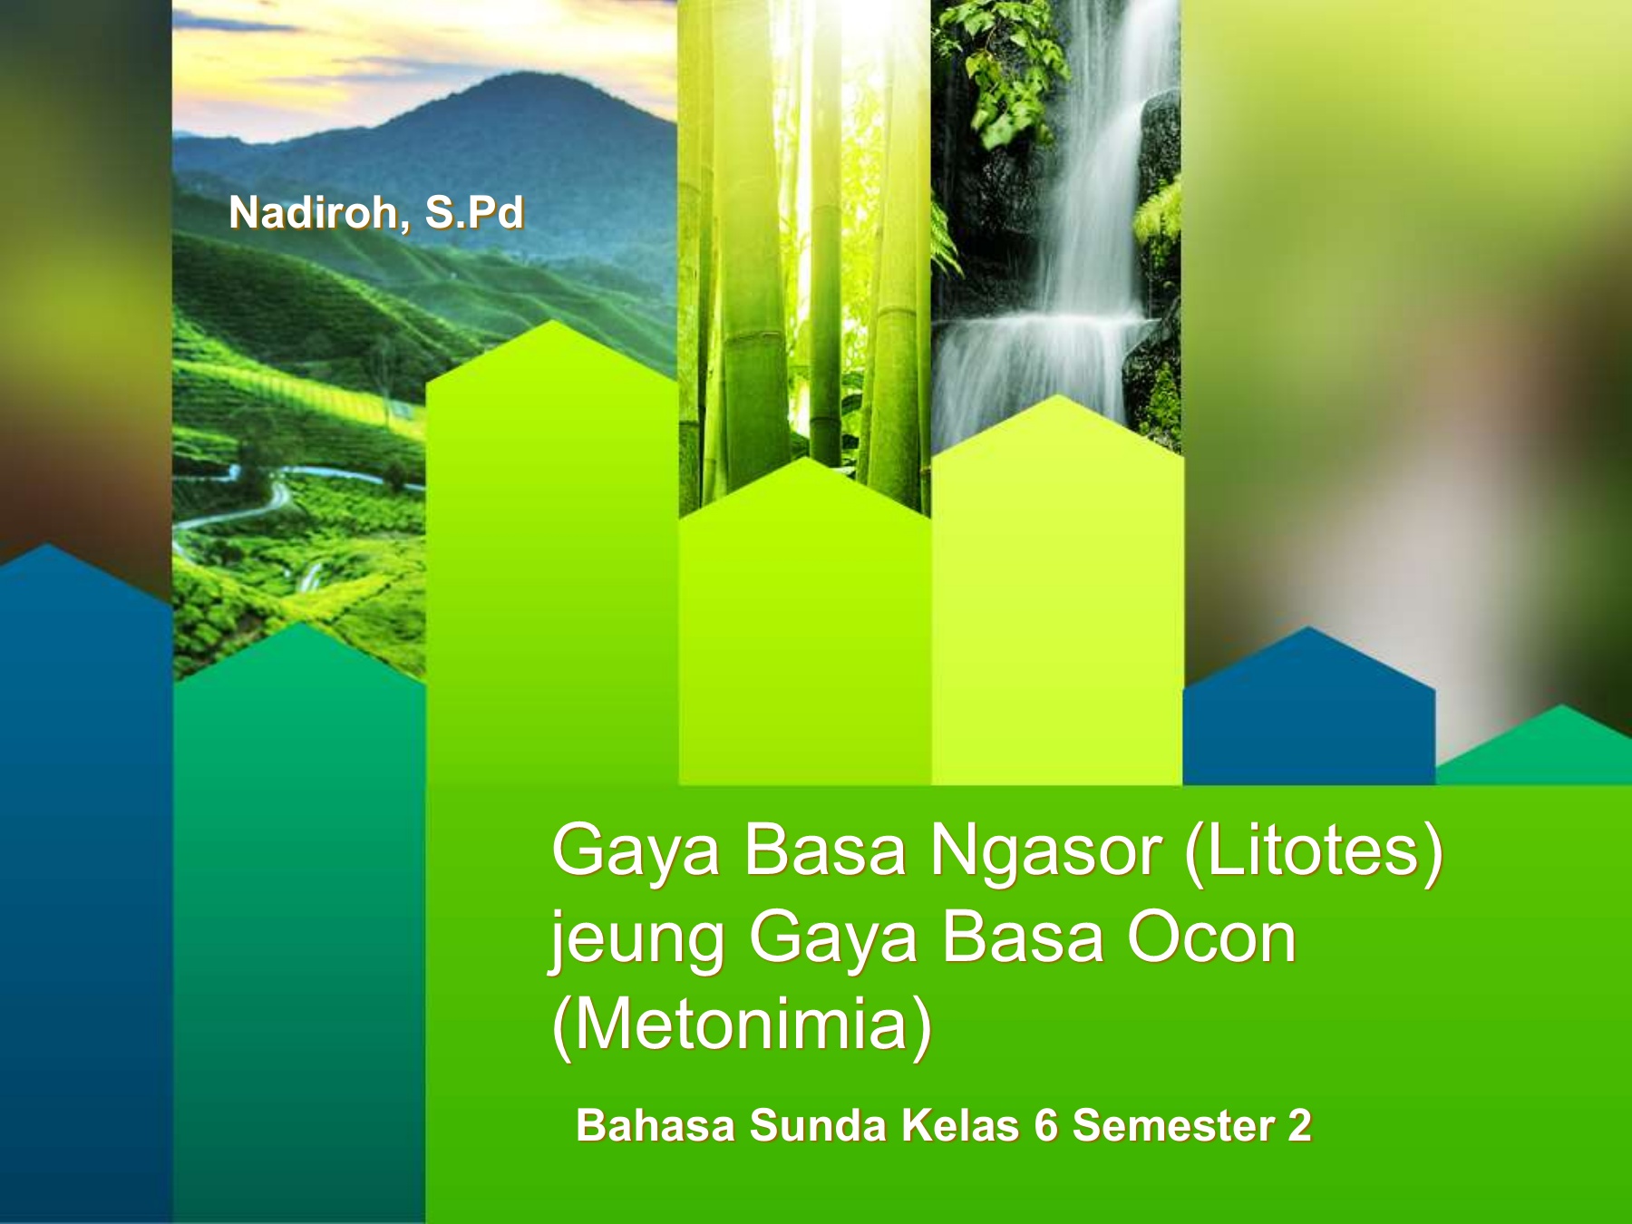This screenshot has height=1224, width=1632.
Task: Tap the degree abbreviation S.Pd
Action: pyautogui.click(x=474, y=213)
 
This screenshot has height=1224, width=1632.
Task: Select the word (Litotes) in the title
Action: pyautogui.click(x=1314, y=852)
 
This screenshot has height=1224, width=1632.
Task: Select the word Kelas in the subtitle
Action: pyautogui.click(x=960, y=1126)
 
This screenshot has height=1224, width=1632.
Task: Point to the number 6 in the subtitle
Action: pyautogui.click(x=1045, y=1126)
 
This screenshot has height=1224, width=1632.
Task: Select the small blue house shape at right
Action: pyautogui.click(x=1308, y=707)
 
